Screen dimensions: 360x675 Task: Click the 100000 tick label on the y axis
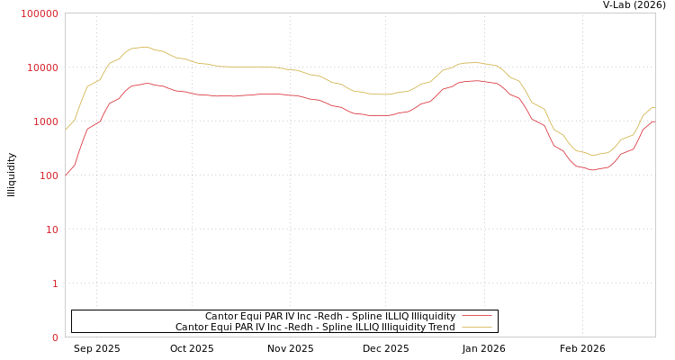[40, 13]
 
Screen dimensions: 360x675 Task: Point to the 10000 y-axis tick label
[42, 67]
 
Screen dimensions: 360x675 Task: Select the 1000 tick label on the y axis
[45, 121]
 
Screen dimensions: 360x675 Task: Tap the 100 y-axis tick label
[48, 175]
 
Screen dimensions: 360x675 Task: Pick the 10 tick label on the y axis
[50, 229]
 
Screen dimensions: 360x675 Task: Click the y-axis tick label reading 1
[54, 283]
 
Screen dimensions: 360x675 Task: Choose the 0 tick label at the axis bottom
[54, 337]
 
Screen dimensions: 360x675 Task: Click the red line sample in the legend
[476, 316]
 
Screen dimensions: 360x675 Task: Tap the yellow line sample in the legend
[476, 327]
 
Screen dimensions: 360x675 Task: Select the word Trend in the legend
[441, 327]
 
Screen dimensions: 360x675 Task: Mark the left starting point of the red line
[66, 175]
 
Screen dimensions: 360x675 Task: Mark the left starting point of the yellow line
[66, 130]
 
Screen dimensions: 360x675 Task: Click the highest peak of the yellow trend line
[144, 47]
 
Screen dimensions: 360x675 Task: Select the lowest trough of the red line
[592, 169]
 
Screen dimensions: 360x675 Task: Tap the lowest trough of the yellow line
[592, 155]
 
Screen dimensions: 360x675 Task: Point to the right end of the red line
[654, 121]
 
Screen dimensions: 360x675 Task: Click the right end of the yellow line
[654, 107]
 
